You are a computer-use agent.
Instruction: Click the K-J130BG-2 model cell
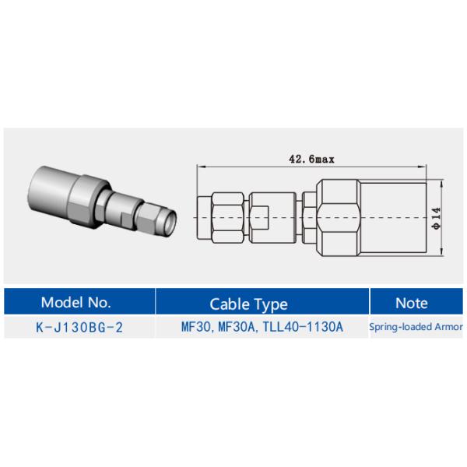(x=79, y=327)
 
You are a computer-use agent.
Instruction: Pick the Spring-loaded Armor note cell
(x=416, y=327)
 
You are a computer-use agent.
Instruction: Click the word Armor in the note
(x=449, y=327)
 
